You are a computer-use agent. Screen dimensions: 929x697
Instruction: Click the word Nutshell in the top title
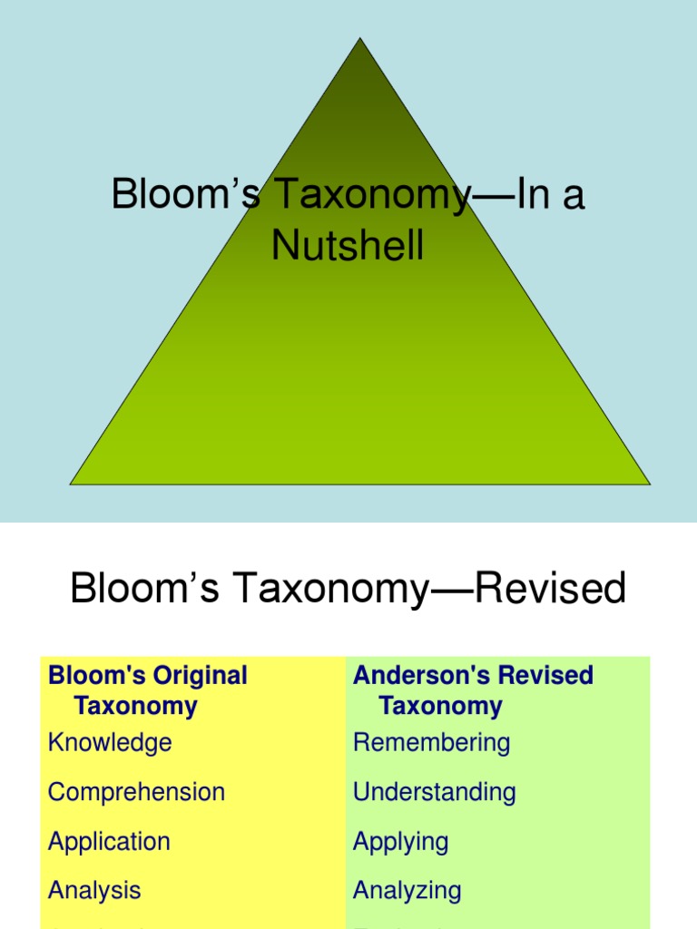348,245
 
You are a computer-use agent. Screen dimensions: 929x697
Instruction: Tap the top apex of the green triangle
360,39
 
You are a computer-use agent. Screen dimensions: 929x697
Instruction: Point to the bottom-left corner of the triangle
72,484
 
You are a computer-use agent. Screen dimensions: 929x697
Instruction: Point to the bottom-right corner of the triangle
649,484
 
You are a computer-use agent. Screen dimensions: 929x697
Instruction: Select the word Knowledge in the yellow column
110,742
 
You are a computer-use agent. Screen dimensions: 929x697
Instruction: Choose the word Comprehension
136,792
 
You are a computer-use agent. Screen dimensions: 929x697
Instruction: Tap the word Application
109,841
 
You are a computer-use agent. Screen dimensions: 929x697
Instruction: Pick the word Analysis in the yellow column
94,890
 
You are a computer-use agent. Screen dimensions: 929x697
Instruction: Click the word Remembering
431,742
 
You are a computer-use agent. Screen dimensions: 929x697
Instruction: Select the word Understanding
434,792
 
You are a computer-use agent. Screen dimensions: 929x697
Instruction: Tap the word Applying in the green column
400,841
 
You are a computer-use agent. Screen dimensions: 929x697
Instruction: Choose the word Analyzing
407,890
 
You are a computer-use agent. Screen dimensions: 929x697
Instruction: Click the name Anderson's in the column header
409,676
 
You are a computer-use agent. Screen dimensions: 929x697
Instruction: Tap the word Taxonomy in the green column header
440,706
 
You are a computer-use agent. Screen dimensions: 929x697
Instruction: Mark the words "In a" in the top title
550,196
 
